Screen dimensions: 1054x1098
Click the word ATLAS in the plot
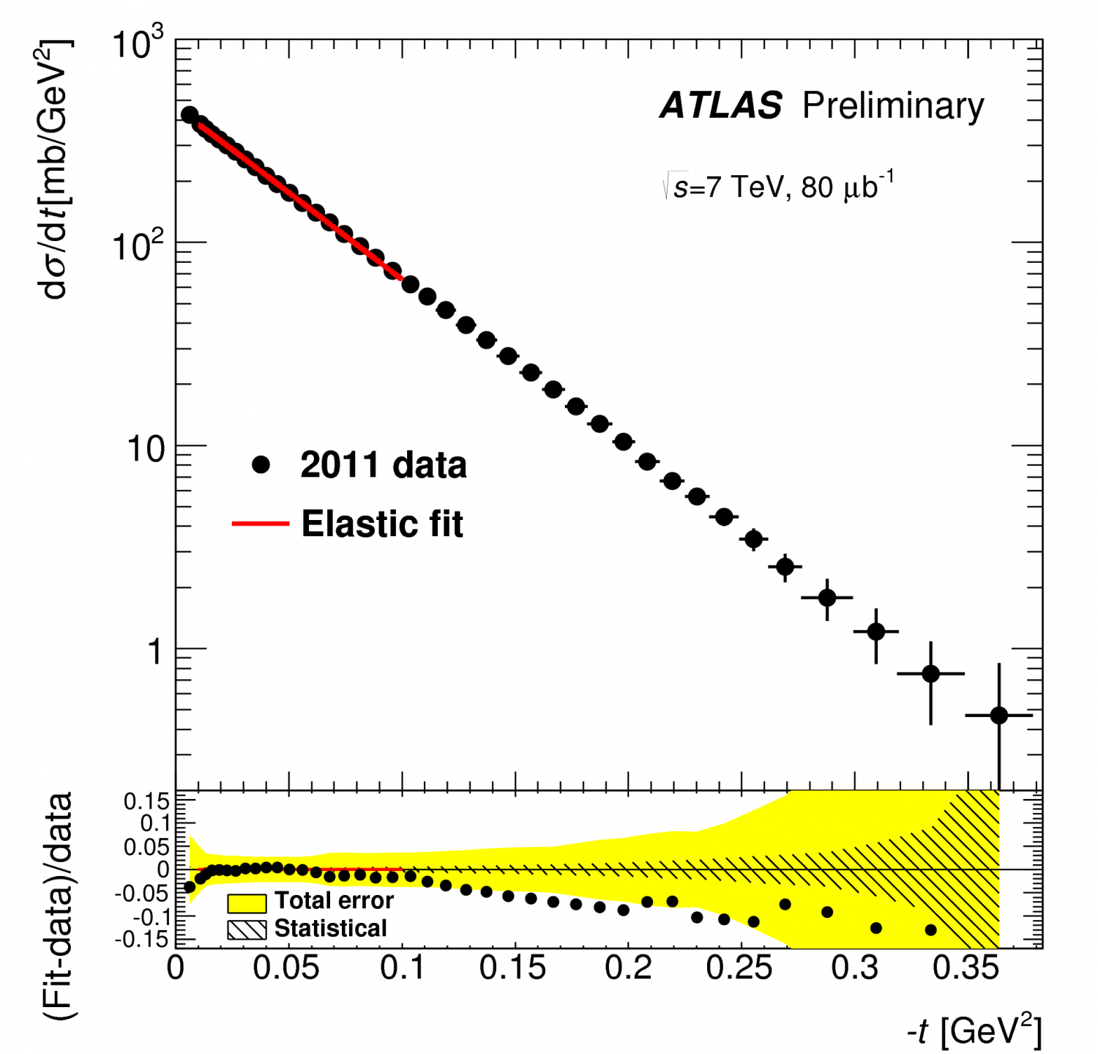pos(721,106)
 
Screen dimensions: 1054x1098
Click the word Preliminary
pos(893,107)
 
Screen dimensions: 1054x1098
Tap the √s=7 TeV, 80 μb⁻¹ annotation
pos(777,187)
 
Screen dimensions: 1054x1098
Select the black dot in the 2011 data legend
pos(261,465)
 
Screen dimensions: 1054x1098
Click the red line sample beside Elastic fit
pos(261,524)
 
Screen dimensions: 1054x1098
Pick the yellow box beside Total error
pos(247,902)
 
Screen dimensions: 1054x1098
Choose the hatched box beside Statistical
pos(247,929)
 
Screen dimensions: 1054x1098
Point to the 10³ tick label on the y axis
pos(138,45)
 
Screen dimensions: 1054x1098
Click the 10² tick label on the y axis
pos(138,246)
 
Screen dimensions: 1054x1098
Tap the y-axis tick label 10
pos(146,448)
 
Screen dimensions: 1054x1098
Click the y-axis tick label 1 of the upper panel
pos(154,651)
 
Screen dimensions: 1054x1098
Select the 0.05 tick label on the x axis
pos(285,968)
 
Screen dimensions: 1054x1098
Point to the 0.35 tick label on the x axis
pos(966,968)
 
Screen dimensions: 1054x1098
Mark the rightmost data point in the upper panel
pos(998,716)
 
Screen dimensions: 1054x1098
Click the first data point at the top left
pos(189,115)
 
